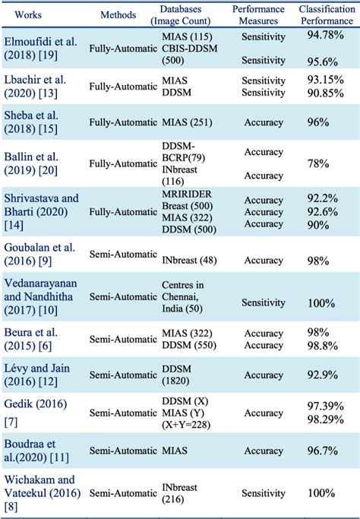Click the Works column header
(x=27, y=14)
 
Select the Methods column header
(x=118, y=14)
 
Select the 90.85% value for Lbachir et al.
(x=327, y=91)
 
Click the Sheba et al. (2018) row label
(x=33, y=122)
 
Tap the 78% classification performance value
(x=327, y=163)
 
